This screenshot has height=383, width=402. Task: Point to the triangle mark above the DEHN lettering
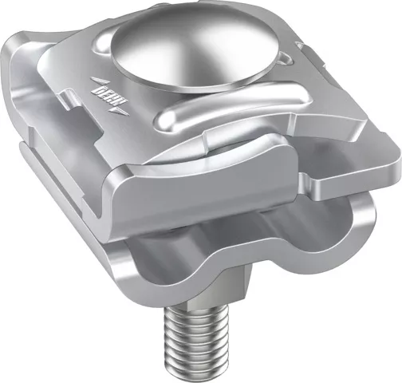click(x=98, y=81)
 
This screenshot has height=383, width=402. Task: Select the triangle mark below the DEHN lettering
click(x=120, y=111)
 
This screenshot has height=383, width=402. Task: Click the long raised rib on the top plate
click(x=231, y=105)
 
